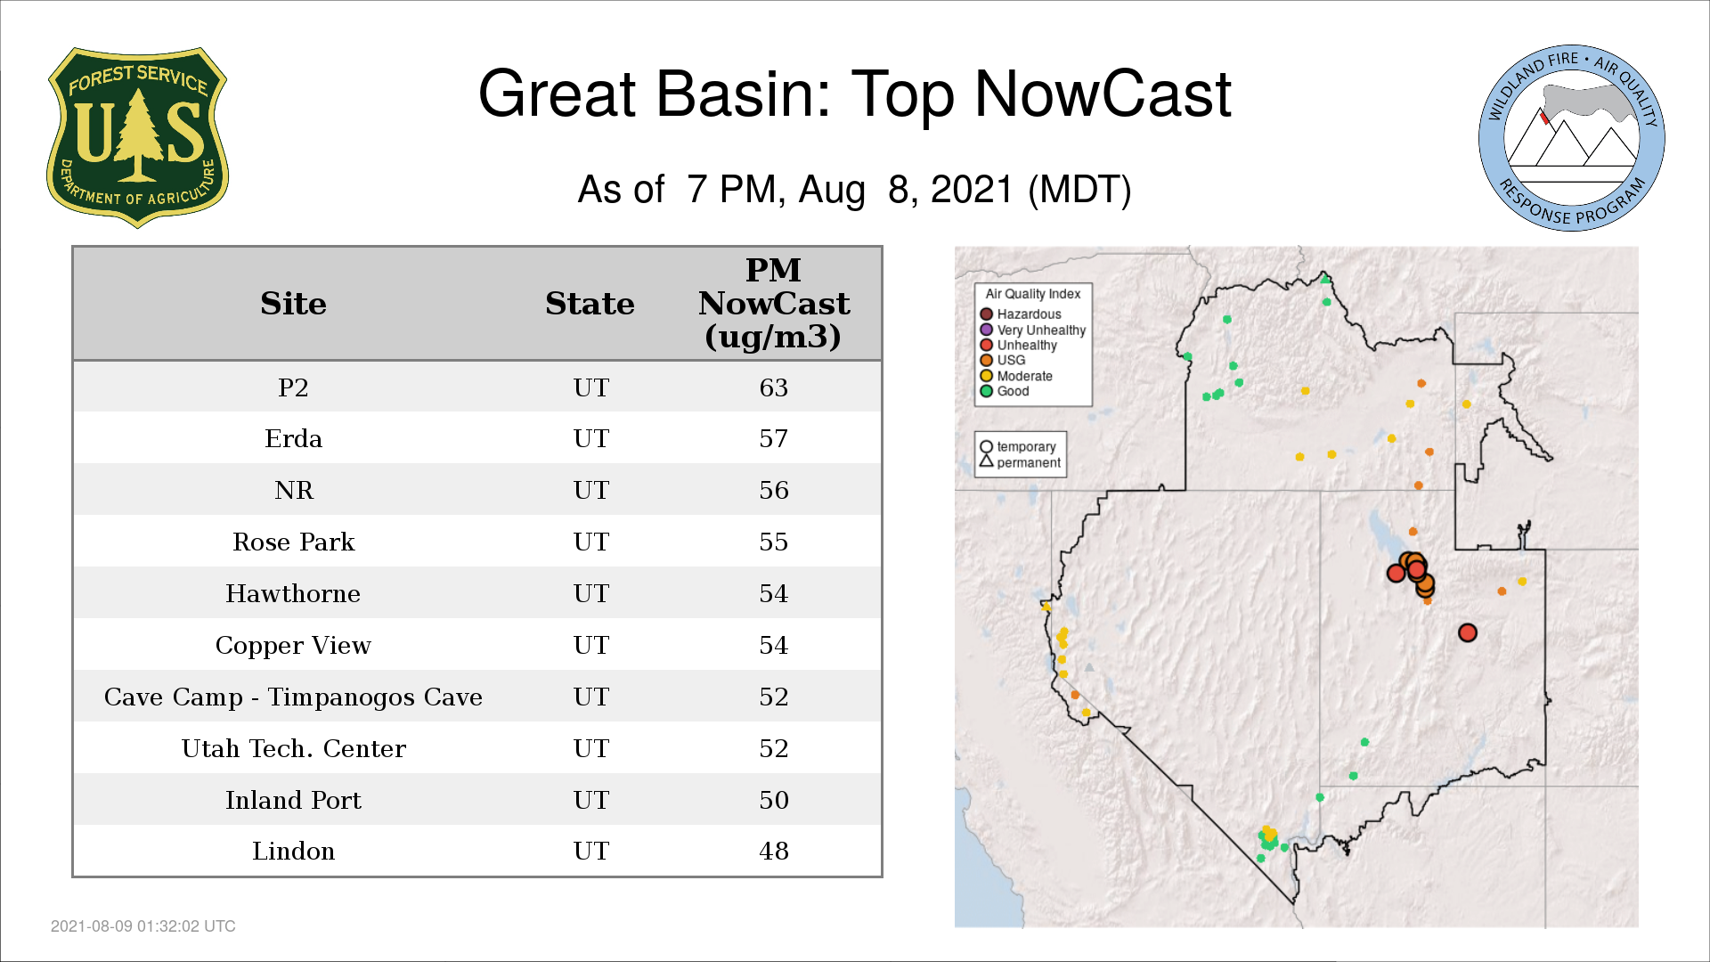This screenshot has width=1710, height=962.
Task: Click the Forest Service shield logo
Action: pyautogui.click(x=137, y=137)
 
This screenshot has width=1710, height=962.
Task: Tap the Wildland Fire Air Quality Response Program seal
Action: pyautogui.click(x=1572, y=138)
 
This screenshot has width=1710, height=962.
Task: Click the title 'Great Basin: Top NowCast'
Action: pyautogui.click(x=854, y=94)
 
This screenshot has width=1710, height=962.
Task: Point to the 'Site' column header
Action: pyautogui.click(x=293, y=304)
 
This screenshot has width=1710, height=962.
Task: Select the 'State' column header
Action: pyautogui.click(x=590, y=304)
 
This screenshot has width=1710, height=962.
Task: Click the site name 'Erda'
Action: pyautogui.click(x=293, y=438)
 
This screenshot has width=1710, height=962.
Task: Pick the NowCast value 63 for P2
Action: pyautogui.click(x=773, y=387)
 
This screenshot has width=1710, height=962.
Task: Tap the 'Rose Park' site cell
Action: pyautogui.click(x=293, y=542)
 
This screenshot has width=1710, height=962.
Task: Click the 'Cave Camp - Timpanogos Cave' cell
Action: pyautogui.click(x=293, y=697)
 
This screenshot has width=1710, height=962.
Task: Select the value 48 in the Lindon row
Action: pyautogui.click(x=773, y=851)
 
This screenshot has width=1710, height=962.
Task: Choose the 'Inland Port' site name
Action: pyautogui.click(x=293, y=800)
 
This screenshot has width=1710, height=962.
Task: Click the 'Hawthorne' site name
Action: pyautogui.click(x=293, y=593)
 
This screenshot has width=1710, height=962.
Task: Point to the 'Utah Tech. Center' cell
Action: pyautogui.click(x=293, y=748)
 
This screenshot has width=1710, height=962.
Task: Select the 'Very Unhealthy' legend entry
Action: pyautogui.click(x=1033, y=330)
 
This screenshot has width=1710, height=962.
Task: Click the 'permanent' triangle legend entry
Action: pyautogui.click(x=1021, y=462)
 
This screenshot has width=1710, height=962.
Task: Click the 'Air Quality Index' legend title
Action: pyautogui.click(x=1033, y=294)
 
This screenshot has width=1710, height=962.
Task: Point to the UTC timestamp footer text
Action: pyautogui.click(x=143, y=926)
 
